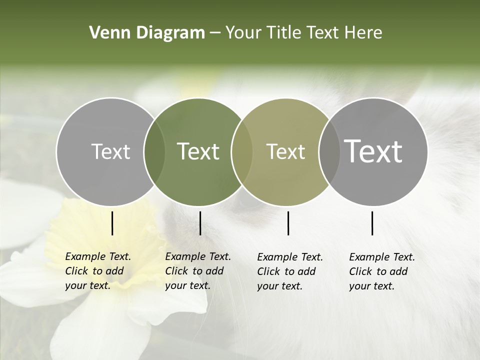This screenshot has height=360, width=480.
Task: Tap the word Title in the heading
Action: tap(283, 33)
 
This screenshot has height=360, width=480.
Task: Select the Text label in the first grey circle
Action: tap(110, 151)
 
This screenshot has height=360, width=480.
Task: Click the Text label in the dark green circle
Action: tap(198, 151)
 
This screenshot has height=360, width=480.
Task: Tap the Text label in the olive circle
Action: tap(285, 151)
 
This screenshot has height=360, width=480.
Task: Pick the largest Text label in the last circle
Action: tap(373, 151)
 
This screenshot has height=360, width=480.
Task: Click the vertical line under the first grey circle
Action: tap(112, 223)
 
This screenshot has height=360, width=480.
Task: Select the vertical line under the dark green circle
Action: tap(200, 223)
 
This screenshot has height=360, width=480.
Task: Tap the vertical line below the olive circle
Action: tap(288, 223)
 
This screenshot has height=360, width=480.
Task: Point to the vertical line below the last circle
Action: tap(372, 223)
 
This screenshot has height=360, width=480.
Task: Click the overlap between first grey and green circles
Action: tap(154, 151)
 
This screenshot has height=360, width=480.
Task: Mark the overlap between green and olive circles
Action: tap(242, 151)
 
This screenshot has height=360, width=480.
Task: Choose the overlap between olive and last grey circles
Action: tap(328, 151)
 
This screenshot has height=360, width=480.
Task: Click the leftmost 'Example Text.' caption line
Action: tap(98, 256)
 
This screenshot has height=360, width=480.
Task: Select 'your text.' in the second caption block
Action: tap(187, 285)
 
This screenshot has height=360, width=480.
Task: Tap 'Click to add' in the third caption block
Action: tap(286, 271)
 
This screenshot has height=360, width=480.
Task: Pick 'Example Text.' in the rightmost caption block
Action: tap(382, 257)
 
